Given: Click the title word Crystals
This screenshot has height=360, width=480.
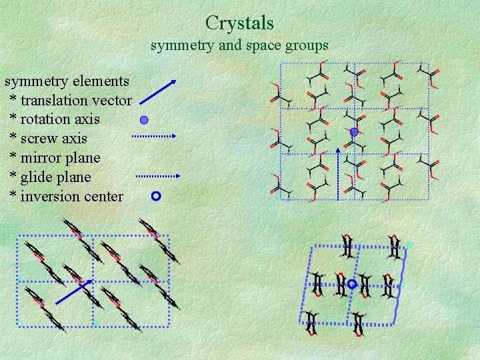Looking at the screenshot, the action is tap(239, 23).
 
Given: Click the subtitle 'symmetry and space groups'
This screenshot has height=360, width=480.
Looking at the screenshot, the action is tap(239, 46).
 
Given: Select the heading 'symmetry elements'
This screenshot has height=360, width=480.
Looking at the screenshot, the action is tap(67, 81).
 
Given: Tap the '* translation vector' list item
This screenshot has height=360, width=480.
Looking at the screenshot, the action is tap(71, 101).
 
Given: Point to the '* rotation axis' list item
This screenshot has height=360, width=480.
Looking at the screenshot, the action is tap(55, 119).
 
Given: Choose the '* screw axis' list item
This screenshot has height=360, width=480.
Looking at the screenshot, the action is tap(49, 139).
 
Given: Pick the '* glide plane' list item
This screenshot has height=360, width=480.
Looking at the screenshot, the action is tap(50, 177).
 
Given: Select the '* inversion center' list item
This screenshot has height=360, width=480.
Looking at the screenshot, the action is tap(67, 196).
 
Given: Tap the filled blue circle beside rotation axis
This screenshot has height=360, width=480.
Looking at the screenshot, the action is tap(143, 121).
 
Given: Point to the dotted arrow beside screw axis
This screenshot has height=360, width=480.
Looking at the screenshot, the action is tap(153, 136).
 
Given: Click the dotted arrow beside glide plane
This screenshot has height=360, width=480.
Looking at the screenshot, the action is tap(158, 177).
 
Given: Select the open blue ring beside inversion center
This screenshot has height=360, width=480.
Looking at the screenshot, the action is tap(156, 196).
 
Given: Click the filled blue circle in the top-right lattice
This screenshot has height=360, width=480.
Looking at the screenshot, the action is tap(354, 132).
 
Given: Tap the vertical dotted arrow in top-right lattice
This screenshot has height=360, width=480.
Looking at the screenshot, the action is tap(337, 173).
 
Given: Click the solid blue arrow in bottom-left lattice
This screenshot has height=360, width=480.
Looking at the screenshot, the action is tap(73, 292).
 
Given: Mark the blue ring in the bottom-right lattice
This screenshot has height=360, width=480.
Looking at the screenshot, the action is tap(352, 285).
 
